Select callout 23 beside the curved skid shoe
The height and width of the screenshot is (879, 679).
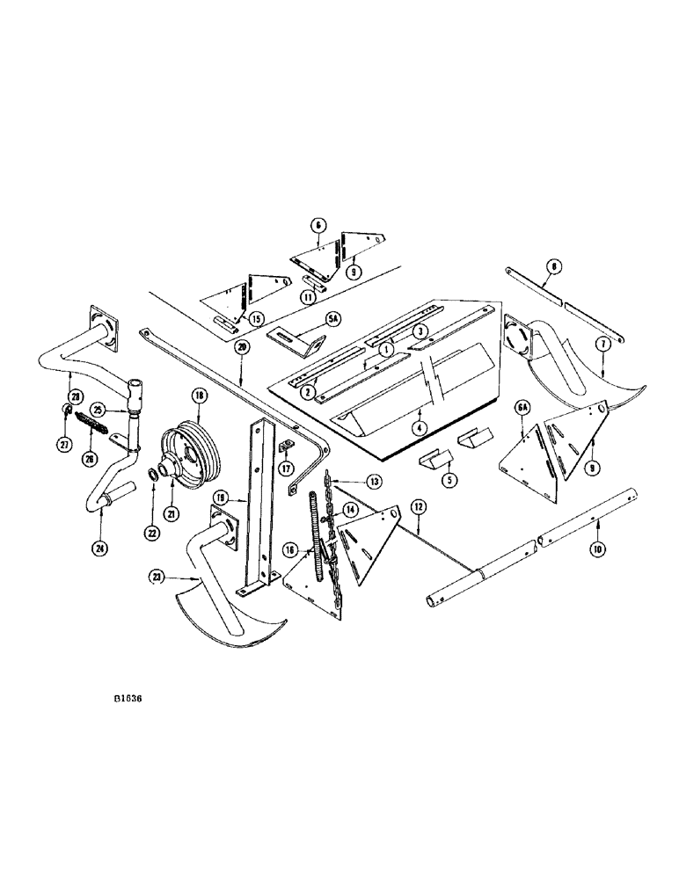[x=157, y=578]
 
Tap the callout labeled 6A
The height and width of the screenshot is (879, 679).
[x=522, y=407]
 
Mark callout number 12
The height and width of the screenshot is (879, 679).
[x=417, y=506]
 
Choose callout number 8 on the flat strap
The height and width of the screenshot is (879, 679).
[x=552, y=264]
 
